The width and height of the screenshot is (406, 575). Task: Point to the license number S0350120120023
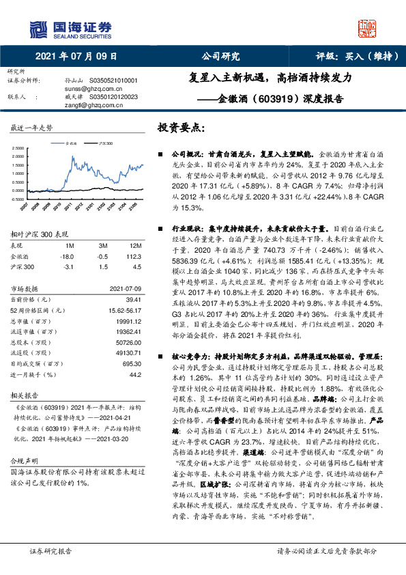[x=115, y=97]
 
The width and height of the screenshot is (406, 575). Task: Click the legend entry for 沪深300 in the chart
[x=104, y=145]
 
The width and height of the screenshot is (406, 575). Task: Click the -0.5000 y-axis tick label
[x=20, y=199]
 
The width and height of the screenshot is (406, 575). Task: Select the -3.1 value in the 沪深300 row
[x=68, y=268]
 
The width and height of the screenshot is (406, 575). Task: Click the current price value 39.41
[x=133, y=298]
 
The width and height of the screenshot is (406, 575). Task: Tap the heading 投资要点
[x=182, y=128]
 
